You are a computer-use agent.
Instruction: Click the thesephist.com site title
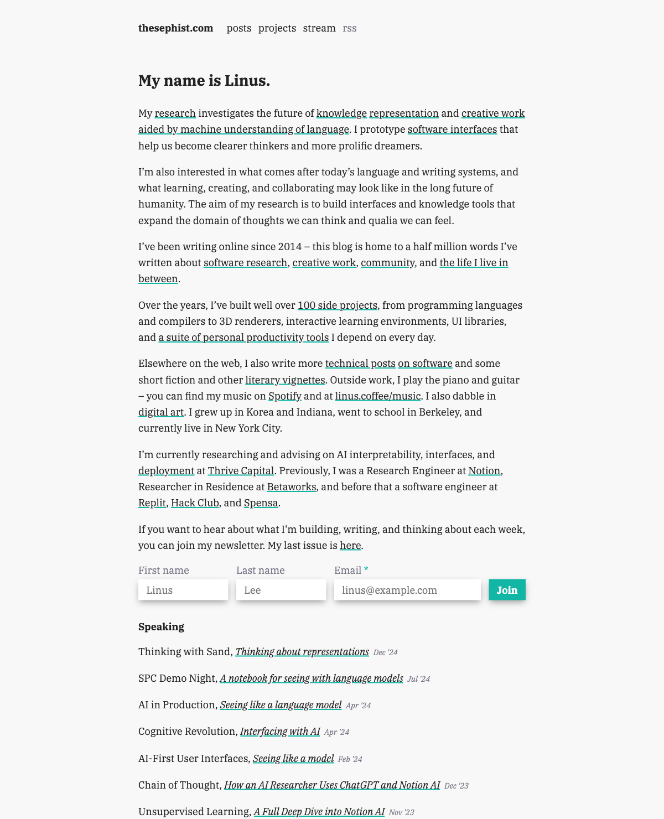pos(175,28)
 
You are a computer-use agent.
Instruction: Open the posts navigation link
pos(239,28)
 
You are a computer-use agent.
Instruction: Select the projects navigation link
pos(277,28)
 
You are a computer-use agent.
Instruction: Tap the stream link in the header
pos(319,28)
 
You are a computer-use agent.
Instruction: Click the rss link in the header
pos(350,28)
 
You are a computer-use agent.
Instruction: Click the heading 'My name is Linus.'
pos(204,81)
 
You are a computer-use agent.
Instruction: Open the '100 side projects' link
pos(338,305)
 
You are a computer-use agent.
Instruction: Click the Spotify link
pos(285,396)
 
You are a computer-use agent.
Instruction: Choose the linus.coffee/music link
pos(378,396)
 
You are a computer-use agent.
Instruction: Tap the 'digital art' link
pos(161,412)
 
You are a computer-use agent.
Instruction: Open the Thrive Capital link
pos(241,471)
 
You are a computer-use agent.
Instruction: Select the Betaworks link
pos(292,487)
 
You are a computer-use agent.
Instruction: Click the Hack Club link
pos(195,503)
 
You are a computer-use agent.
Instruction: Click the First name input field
pos(183,590)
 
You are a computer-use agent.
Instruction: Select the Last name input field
pos(281,590)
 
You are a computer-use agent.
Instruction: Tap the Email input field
pos(407,590)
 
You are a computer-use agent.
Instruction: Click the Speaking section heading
pos(161,627)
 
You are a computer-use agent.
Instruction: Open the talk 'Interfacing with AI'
pos(280,732)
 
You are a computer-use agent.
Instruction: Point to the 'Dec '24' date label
pos(386,652)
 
